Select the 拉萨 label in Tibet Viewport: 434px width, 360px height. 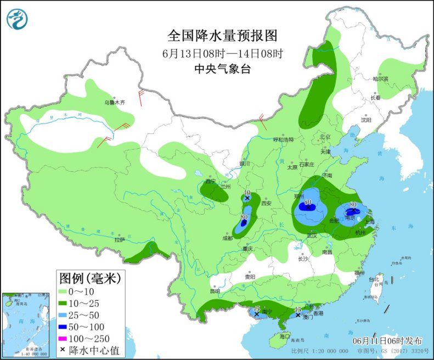120,240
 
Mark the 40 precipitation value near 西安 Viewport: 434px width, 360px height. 247,193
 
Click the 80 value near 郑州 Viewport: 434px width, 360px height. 308,202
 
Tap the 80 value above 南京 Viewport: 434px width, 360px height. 353,205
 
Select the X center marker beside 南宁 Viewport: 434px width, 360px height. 256,314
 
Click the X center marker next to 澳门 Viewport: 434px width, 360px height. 298,316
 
